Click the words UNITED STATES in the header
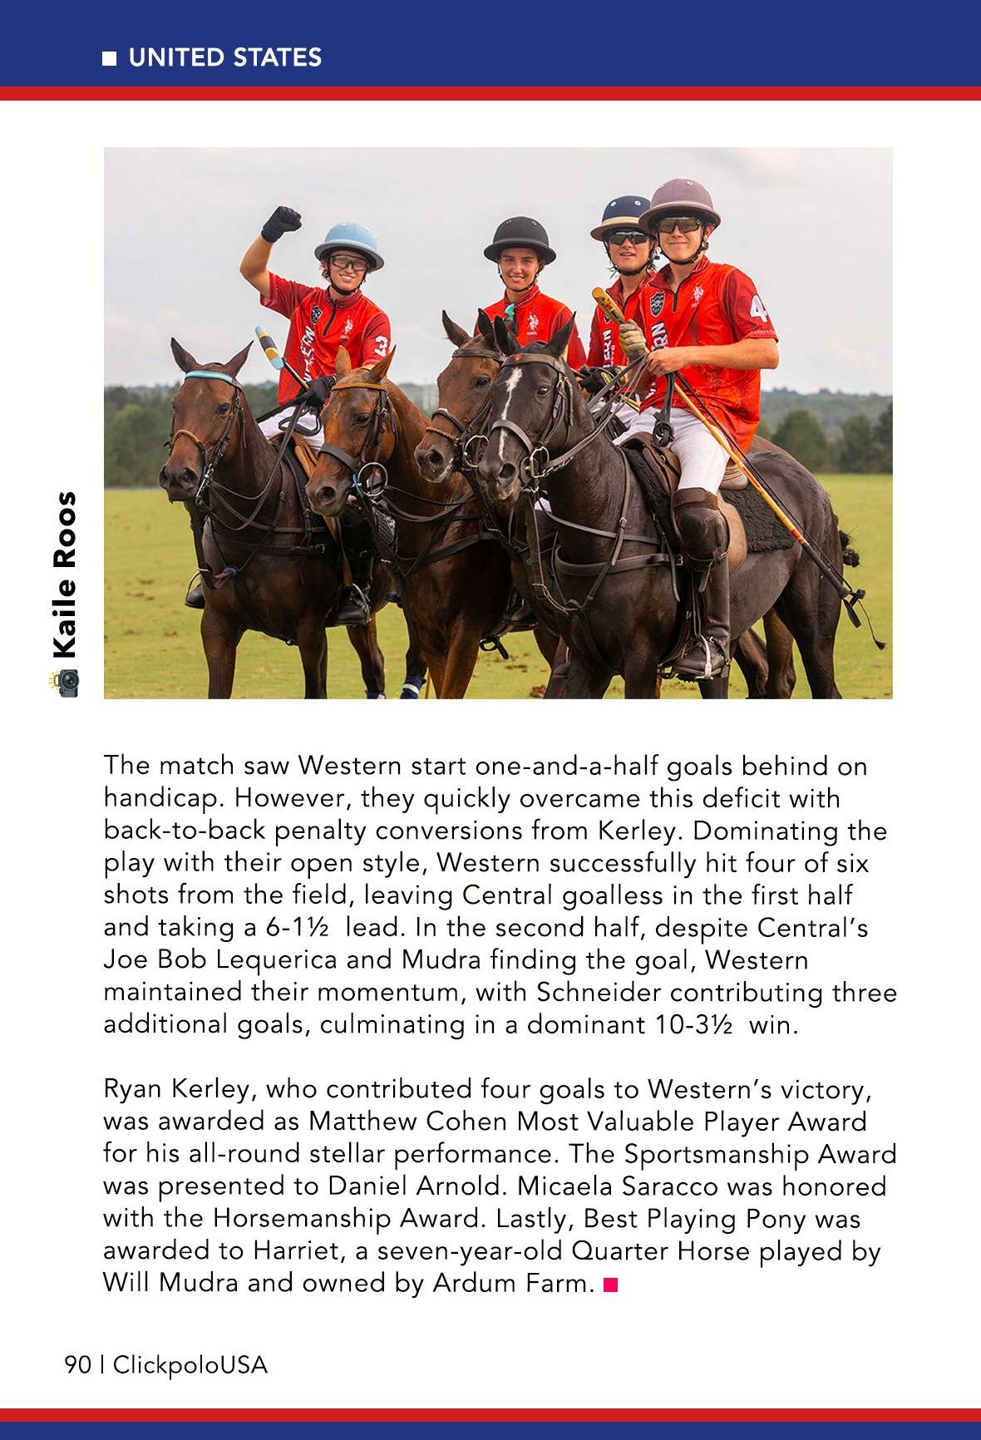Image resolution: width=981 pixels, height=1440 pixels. coord(224,57)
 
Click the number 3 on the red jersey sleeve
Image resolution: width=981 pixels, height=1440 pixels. coord(381,342)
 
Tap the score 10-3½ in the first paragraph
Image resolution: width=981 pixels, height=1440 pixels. coord(693,1024)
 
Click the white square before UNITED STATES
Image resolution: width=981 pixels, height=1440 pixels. coord(109,58)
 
